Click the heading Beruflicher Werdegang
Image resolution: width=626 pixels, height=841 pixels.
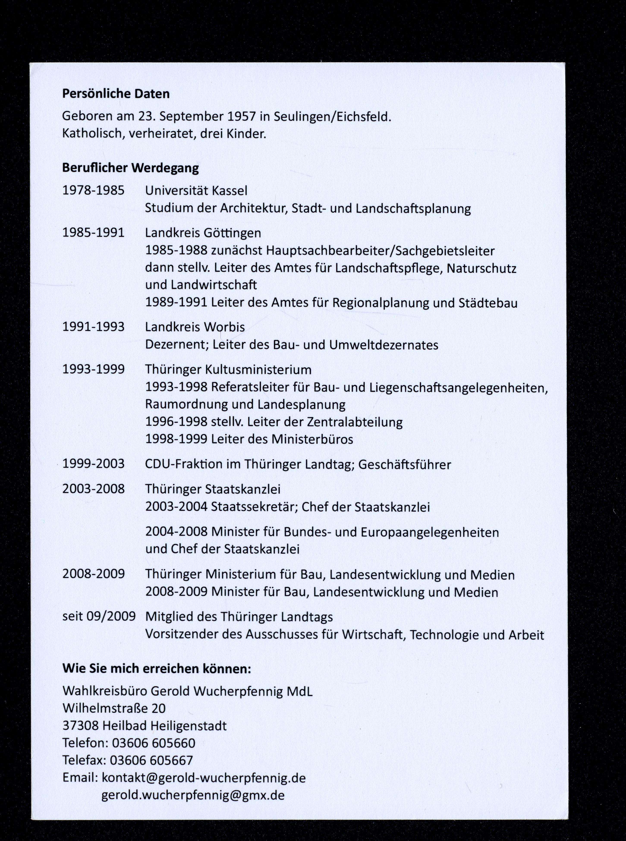130,168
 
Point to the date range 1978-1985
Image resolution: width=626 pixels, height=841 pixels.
93,190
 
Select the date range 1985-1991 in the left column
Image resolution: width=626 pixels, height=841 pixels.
93,232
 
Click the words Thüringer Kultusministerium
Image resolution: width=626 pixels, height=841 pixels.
228,369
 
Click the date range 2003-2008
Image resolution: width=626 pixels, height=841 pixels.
93,489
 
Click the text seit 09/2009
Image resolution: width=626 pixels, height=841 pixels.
99,616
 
